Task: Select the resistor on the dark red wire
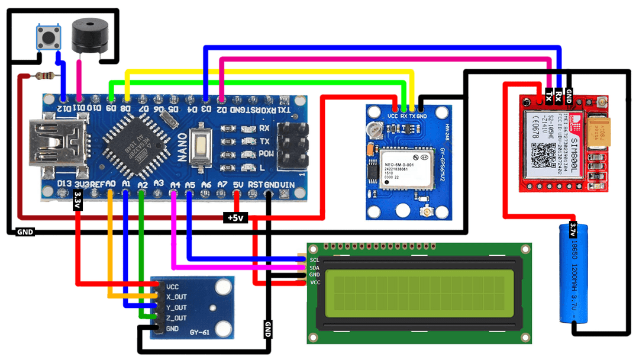point(45,75)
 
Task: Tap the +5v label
point(235,218)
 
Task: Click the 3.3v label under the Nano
point(78,201)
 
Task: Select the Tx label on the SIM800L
point(549,95)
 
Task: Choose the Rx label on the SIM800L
point(559,95)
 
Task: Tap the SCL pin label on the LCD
point(314,259)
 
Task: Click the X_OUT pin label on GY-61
point(176,297)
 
